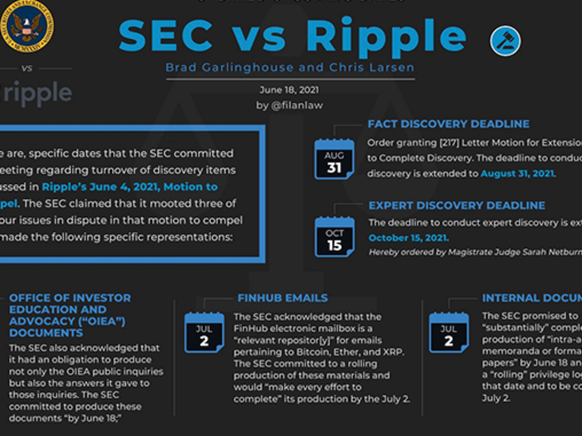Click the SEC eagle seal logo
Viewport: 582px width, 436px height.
click(26, 26)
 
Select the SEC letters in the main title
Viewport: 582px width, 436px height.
click(165, 35)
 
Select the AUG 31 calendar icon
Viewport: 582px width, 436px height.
click(334, 159)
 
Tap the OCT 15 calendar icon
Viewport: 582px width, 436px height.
click(334, 237)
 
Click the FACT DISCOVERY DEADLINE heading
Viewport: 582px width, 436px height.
click(449, 124)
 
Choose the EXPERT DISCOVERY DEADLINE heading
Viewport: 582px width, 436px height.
click(457, 205)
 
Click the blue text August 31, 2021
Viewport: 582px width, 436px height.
click(517, 173)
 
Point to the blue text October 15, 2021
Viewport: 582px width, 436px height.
click(408, 238)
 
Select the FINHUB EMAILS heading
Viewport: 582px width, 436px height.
click(283, 298)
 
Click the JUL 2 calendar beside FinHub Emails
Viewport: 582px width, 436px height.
click(204, 333)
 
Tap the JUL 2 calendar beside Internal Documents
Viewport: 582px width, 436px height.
click(449, 333)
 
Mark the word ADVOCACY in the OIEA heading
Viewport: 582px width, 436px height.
click(40, 321)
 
